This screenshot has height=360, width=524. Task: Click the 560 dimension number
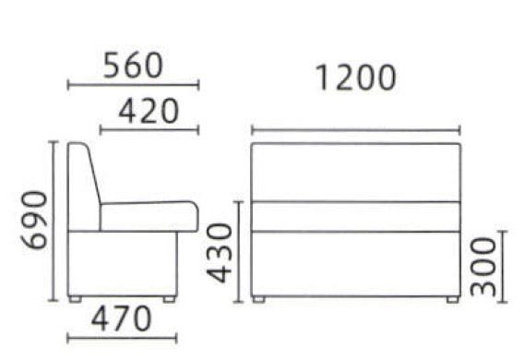click(x=133, y=66)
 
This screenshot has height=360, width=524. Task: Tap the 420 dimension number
click(x=149, y=111)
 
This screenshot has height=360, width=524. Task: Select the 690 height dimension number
click(x=34, y=220)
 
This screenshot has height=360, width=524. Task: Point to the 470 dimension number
click(x=121, y=318)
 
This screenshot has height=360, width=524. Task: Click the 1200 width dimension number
click(x=355, y=78)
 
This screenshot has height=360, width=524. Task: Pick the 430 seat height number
click(x=219, y=253)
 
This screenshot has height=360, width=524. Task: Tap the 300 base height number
click(x=483, y=267)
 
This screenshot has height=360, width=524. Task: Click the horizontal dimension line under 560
click(x=134, y=85)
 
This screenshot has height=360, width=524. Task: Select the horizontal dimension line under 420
click(x=149, y=130)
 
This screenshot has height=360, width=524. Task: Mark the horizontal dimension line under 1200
click(x=356, y=130)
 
